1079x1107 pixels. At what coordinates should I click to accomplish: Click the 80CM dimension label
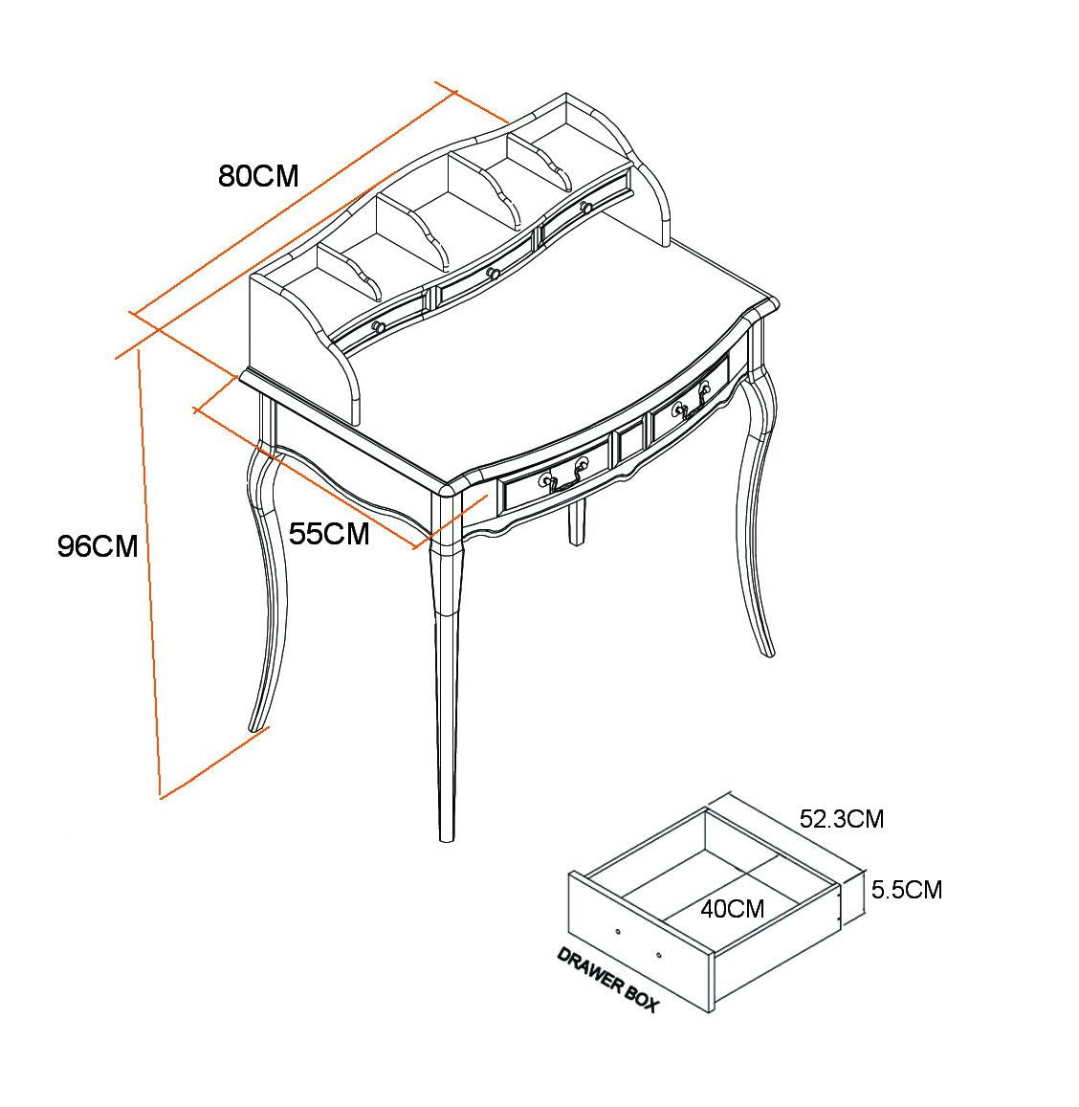(258, 176)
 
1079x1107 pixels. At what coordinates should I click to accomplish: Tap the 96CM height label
(98, 546)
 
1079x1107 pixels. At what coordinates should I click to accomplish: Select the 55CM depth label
(329, 533)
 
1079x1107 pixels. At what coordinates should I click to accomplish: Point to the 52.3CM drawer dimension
(842, 819)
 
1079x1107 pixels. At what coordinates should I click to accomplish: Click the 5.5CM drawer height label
(906, 890)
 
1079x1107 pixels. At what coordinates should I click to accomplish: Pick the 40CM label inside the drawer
(732, 908)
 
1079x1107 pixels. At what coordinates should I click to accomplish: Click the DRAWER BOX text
(607, 980)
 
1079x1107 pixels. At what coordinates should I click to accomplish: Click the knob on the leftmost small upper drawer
(378, 327)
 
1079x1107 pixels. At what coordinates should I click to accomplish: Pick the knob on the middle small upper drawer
(494, 274)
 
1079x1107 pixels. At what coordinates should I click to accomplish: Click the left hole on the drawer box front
(617, 931)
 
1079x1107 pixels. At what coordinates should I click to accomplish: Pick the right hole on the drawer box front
(659, 954)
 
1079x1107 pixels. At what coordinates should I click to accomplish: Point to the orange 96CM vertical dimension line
(149, 574)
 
